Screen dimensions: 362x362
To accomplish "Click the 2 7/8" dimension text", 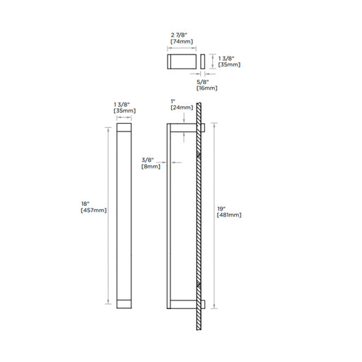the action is click(x=179, y=35).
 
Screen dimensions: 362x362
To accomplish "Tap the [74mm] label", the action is click(x=182, y=42).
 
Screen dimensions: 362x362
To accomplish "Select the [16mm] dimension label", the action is click(x=206, y=88).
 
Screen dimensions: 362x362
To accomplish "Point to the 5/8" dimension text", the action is click(x=203, y=82).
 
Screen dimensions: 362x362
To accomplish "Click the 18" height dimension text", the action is click(x=86, y=204).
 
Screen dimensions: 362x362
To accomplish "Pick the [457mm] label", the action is click(x=93, y=210).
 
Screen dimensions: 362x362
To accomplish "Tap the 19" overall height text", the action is click(x=221, y=209).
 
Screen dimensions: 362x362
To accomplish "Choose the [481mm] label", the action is click(x=229, y=215).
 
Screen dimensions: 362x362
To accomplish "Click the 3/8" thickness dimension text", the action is click(x=148, y=160).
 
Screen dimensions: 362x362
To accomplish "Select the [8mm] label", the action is click(x=151, y=166).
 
